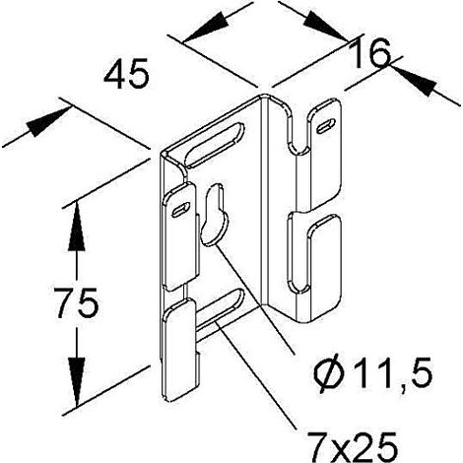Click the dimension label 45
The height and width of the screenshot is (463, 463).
126,75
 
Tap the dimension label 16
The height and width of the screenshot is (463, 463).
369,53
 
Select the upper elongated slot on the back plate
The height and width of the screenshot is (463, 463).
215,145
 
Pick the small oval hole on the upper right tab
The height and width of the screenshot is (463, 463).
325,126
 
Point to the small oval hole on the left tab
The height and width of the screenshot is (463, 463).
181,210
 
